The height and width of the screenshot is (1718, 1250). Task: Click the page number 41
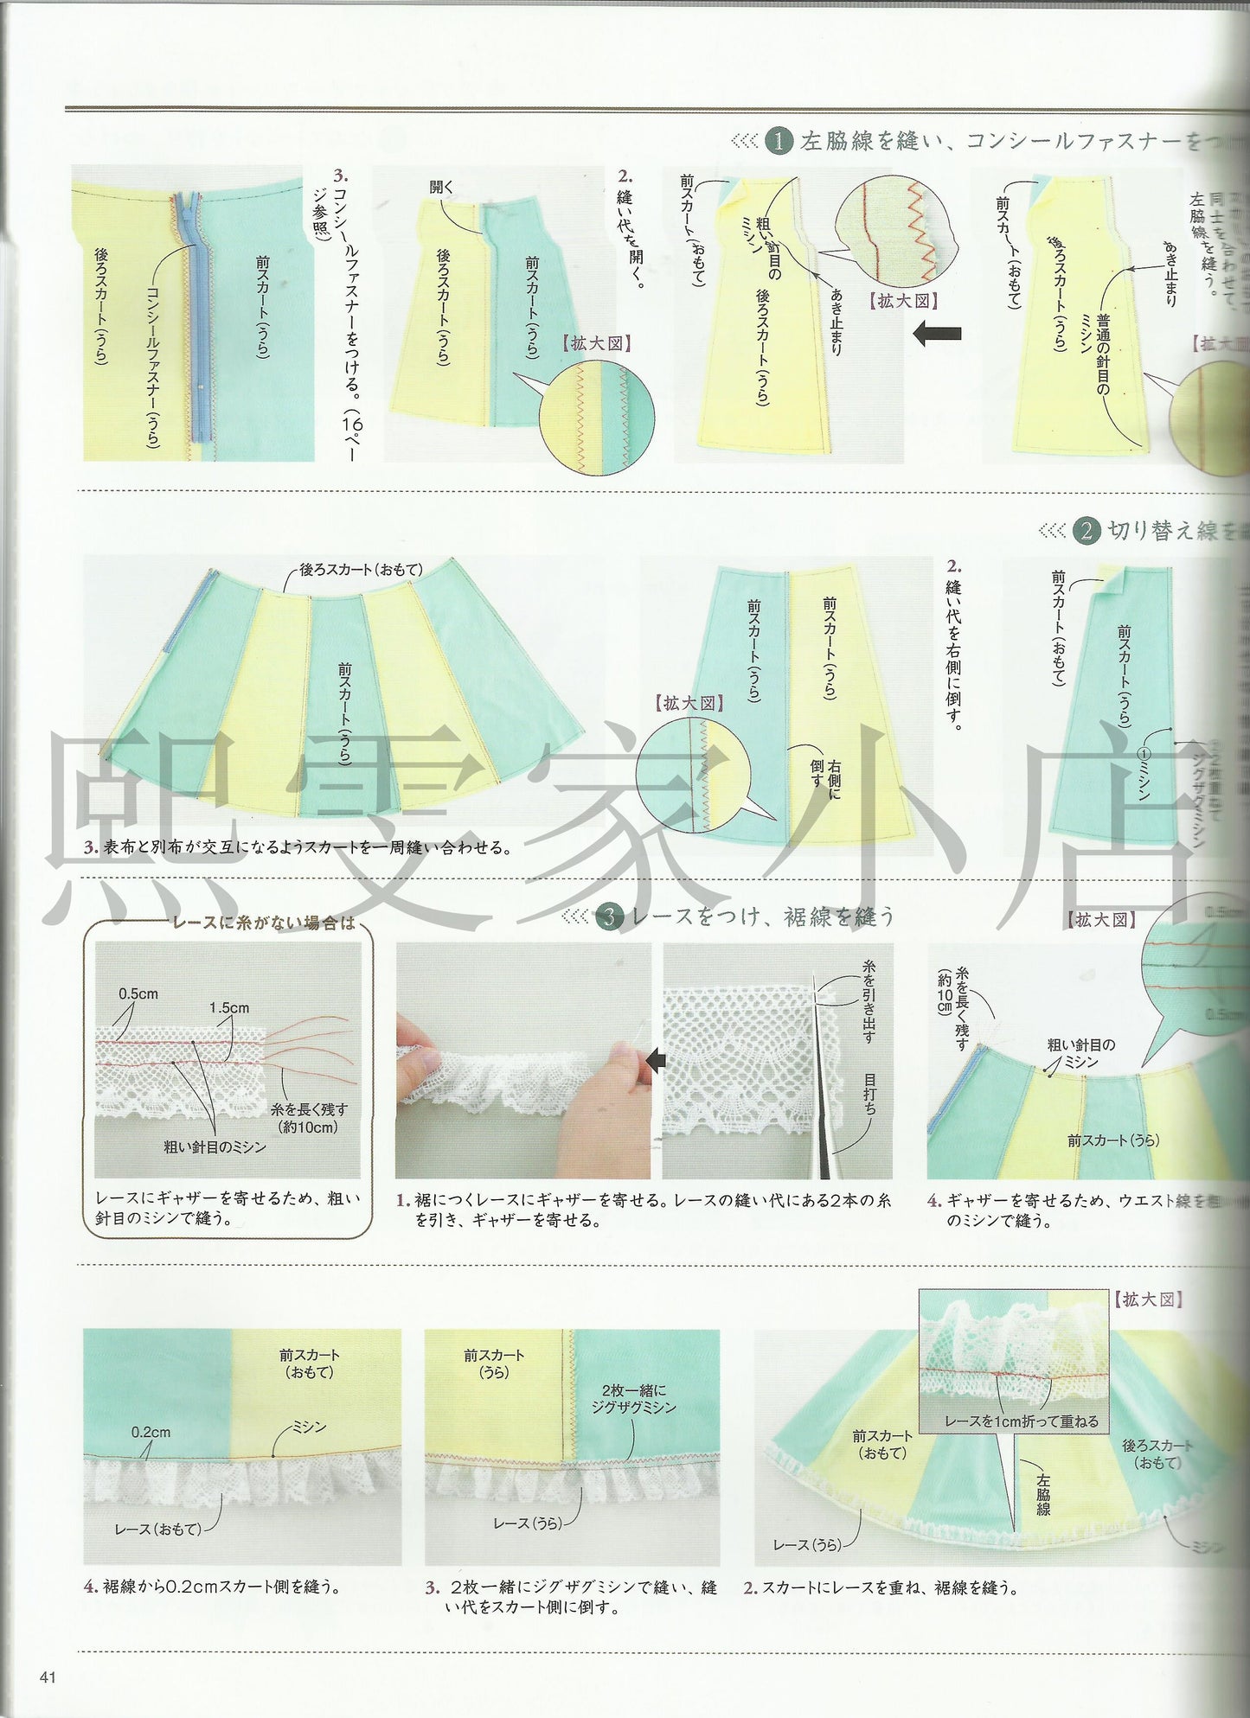[48, 1676]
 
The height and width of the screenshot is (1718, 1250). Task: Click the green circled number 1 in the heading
[778, 141]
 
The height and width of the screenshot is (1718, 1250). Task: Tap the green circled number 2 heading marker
[1086, 530]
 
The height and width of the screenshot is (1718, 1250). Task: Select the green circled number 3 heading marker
[609, 916]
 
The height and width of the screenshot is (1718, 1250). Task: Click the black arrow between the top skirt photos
[938, 333]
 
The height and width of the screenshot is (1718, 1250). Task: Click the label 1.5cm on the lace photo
[229, 1007]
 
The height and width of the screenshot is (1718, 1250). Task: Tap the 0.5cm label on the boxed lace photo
[138, 993]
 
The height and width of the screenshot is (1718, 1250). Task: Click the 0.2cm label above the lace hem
[151, 1432]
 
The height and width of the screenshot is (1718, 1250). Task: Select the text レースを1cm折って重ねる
[1021, 1421]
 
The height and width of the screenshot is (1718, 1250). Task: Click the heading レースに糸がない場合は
[264, 923]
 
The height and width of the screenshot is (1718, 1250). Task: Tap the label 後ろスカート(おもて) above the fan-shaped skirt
[361, 570]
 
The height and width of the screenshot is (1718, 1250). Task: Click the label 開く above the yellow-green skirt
[441, 187]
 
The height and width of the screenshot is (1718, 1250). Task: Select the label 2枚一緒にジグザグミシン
[633, 1399]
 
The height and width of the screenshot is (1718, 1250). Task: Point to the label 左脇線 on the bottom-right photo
[1043, 1493]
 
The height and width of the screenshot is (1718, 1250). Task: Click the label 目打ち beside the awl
[869, 1093]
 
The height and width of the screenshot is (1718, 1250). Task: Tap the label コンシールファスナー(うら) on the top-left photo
[152, 367]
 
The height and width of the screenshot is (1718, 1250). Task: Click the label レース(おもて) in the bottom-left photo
[157, 1529]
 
